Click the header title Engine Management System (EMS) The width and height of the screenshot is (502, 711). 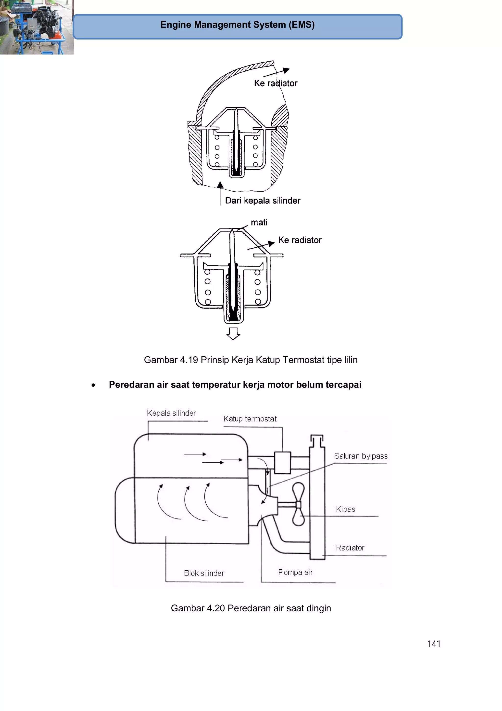pos(237,25)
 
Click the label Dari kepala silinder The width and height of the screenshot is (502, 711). pos(262,201)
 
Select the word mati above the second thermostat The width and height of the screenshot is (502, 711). pos(259,223)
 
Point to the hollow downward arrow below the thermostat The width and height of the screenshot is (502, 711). pos(233,333)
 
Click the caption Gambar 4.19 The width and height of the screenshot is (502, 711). pos(251,360)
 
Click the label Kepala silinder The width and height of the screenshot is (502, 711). pos(171,413)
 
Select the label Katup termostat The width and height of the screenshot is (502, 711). pos(250,419)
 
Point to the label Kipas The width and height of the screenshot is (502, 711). pos(345,509)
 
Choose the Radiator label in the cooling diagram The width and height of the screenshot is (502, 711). pos(350,548)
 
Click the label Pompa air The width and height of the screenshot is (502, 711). pos(295,572)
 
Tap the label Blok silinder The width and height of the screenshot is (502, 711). pos(204,573)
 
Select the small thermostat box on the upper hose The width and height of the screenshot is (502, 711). pos(282,462)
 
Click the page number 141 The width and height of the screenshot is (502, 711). pos(434,644)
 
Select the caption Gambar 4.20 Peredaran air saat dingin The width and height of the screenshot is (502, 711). pos(251,608)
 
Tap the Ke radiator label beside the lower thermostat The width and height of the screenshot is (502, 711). pos(300,240)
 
